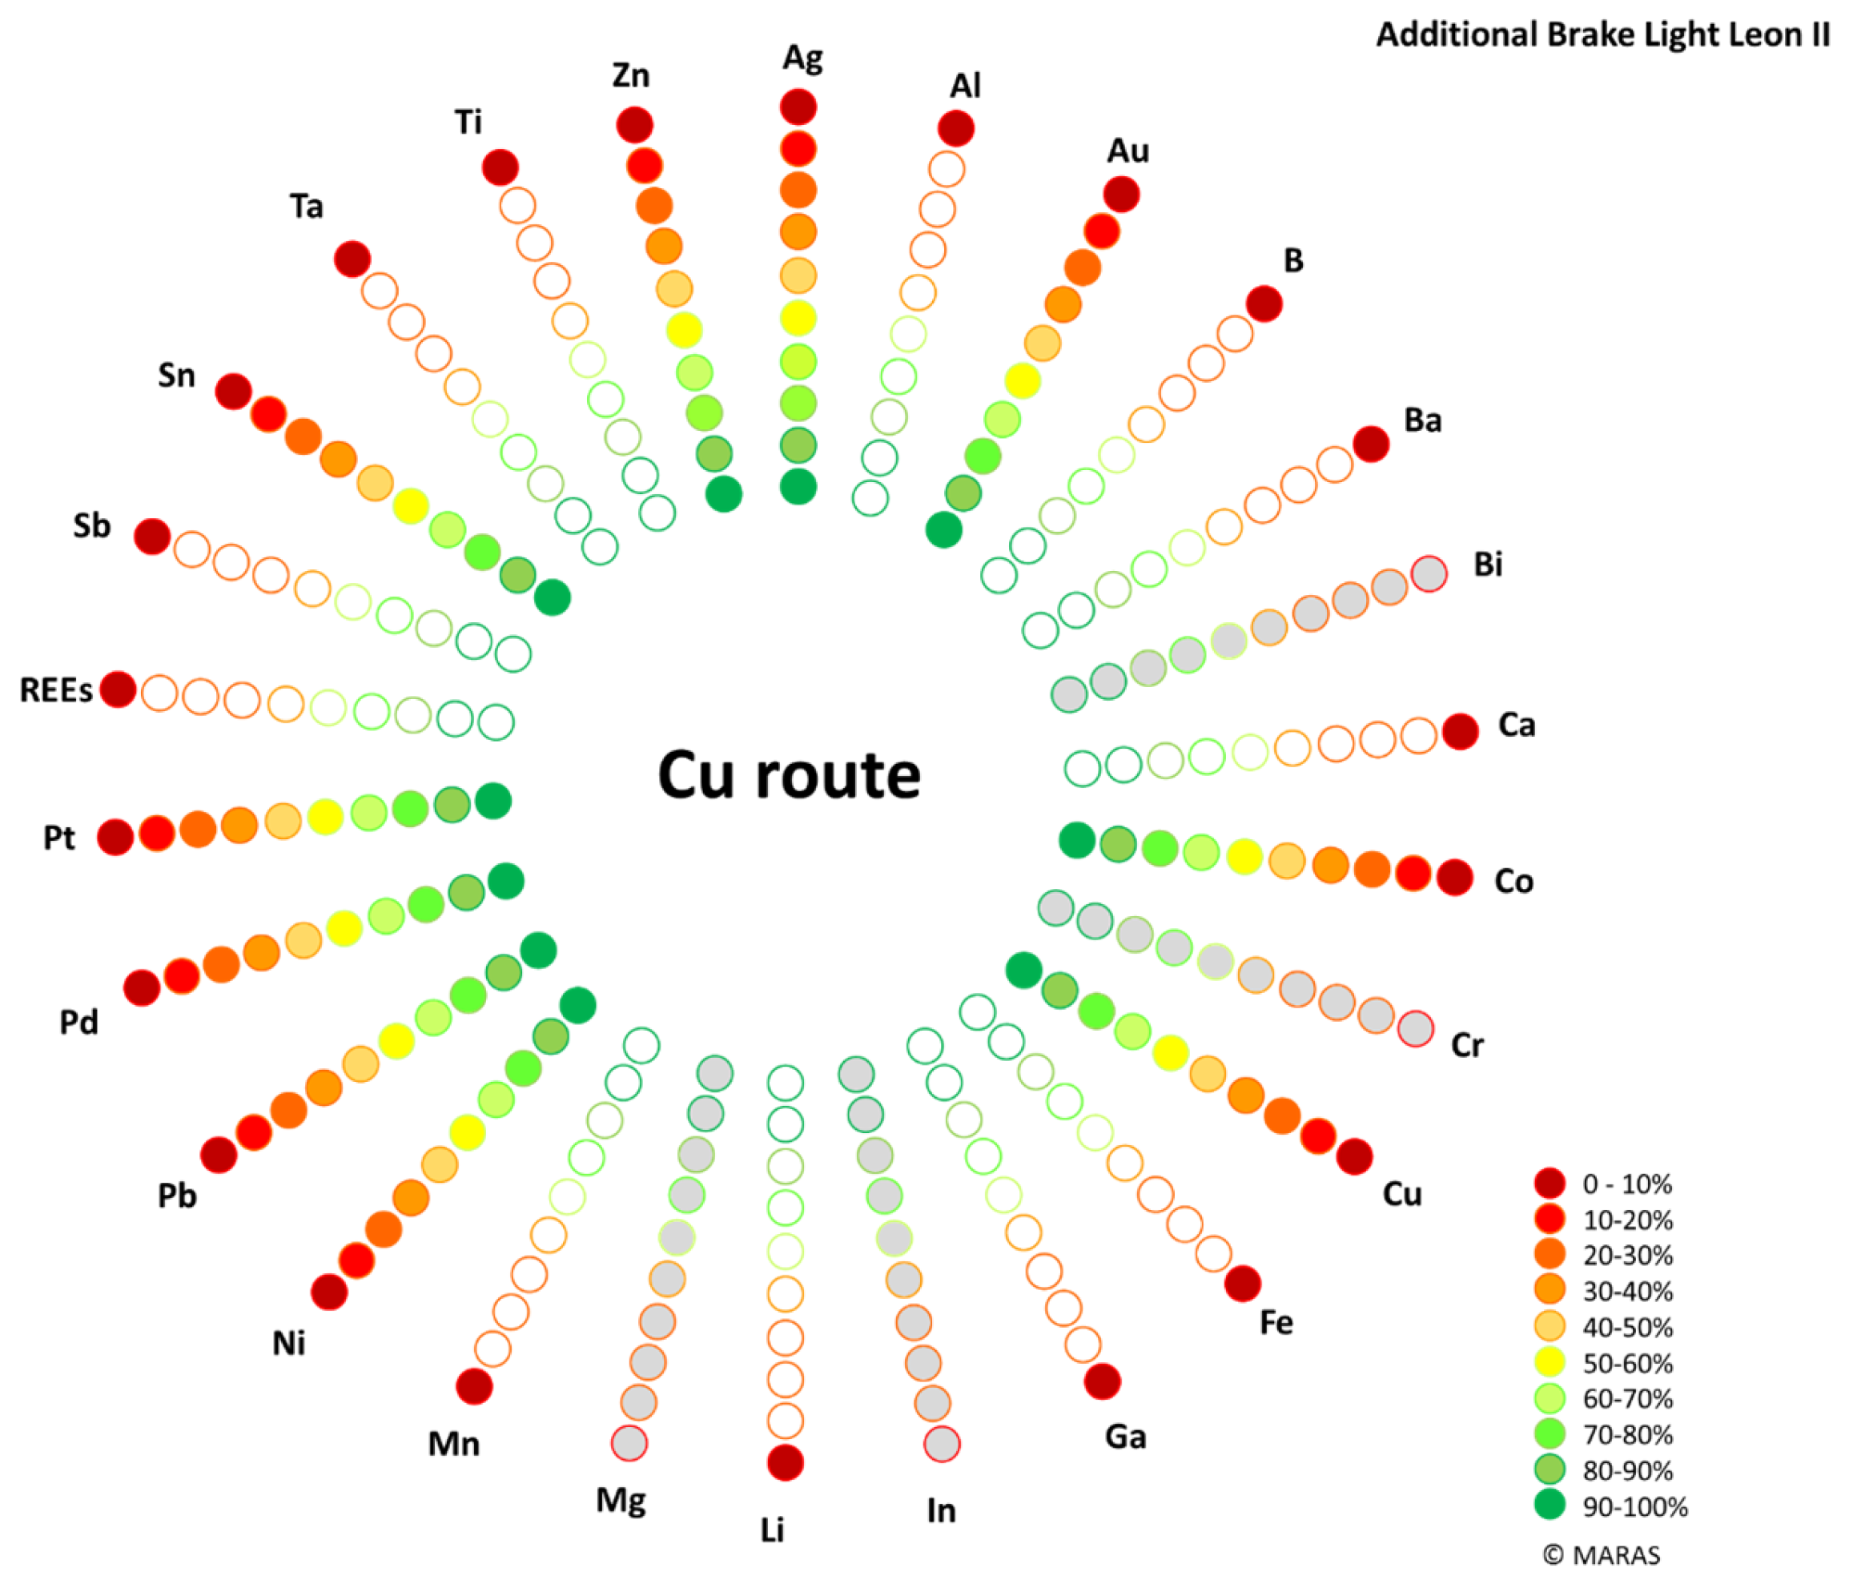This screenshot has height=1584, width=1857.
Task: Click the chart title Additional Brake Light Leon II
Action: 1602,35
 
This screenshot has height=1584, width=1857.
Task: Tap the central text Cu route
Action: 789,774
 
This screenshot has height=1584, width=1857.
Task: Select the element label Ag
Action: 802,58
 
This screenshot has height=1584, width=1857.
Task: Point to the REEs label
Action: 55,690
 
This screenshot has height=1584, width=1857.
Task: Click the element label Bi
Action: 1488,565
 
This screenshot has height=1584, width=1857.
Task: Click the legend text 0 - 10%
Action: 1626,1184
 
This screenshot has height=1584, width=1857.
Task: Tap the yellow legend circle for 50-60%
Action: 1550,1364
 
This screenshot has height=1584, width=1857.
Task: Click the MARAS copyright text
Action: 1602,1555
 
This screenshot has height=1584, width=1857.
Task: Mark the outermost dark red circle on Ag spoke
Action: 798,107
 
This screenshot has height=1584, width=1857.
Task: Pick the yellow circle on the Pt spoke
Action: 325,817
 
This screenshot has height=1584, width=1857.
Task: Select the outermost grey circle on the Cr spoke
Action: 1416,1028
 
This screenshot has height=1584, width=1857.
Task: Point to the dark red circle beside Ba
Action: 1371,444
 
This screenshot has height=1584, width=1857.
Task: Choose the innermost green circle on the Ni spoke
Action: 578,1005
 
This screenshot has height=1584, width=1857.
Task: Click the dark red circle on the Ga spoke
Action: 1103,1381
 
